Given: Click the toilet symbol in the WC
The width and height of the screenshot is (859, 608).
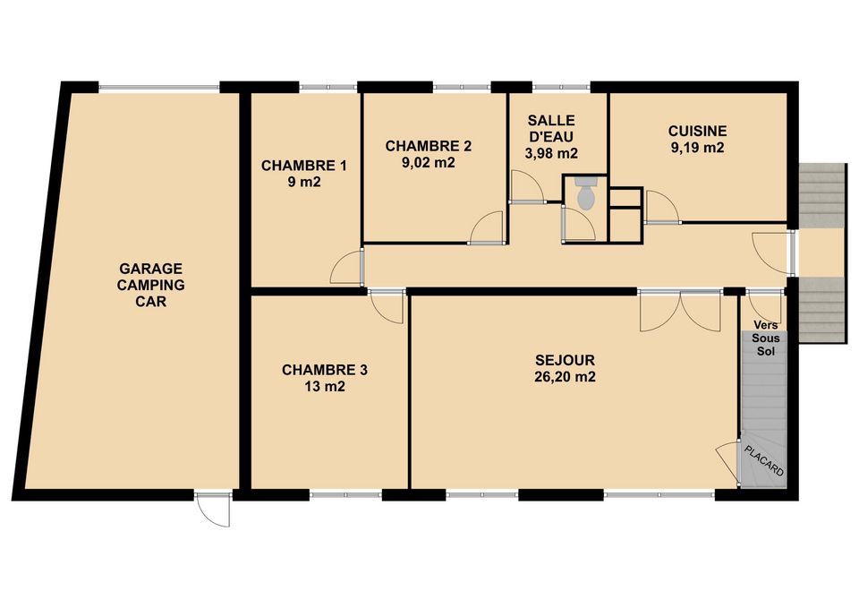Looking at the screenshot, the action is [586, 193].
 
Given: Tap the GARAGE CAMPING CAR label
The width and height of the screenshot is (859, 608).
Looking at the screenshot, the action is [150, 285].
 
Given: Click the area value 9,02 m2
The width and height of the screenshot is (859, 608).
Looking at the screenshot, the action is [429, 163].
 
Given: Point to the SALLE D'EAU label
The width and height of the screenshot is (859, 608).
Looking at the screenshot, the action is [551, 128].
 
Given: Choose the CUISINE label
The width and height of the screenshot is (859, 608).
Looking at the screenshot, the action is [697, 131].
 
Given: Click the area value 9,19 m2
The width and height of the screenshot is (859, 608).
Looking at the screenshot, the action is [697, 148].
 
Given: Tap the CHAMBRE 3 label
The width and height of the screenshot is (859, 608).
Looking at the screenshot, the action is [324, 370].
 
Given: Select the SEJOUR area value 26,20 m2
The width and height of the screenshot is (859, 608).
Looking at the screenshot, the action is [565, 377].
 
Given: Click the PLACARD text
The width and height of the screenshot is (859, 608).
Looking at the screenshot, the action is [764, 460].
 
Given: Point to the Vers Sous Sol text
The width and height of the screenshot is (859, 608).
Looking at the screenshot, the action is [766, 338].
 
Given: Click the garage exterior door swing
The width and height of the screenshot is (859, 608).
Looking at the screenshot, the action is [213, 510].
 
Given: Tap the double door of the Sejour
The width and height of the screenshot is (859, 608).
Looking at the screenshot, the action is [680, 311].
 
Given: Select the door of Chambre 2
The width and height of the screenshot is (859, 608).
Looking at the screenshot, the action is [487, 227].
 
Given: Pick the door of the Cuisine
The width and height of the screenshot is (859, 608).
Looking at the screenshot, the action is [662, 207].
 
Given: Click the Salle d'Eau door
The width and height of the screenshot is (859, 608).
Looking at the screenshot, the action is [527, 187].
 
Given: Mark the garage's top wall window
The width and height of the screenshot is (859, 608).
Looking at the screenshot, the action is [159, 87].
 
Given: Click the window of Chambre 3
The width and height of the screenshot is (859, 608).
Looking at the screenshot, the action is [346, 495].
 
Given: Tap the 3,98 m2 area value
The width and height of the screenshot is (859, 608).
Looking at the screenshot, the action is [551, 153].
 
